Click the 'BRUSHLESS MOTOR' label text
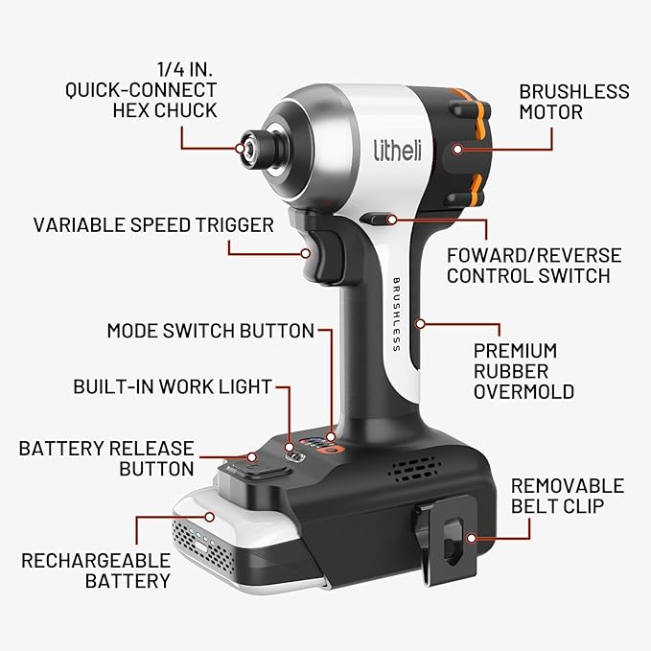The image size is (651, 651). click(x=573, y=102)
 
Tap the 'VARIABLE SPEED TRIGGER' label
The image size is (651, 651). click(x=153, y=225)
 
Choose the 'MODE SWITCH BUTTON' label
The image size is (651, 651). click(x=210, y=331)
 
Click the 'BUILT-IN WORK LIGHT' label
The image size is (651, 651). click(x=173, y=387)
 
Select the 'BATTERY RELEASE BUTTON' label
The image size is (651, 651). click(x=106, y=458)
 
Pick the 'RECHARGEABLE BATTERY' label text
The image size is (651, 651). click(x=96, y=570)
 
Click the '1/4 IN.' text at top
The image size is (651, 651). click(x=186, y=69)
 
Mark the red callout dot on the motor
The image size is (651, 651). click(x=459, y=149)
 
